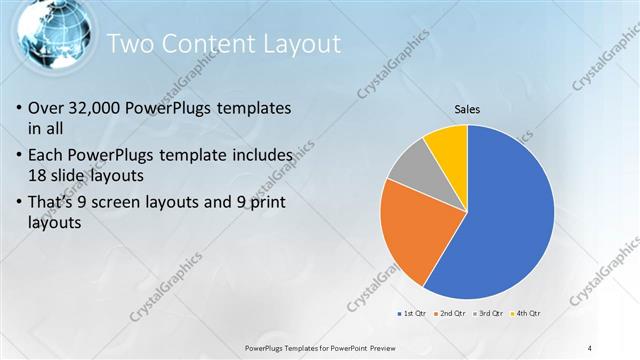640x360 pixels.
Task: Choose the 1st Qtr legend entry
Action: (416, 314)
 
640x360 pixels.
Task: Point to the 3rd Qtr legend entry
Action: (488, 314)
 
